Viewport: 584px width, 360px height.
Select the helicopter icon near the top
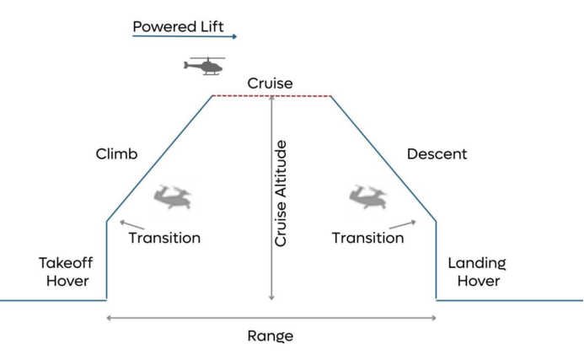tap(205, 66)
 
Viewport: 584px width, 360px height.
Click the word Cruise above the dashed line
tap(270, 83)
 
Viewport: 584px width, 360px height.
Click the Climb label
tap(116, 154)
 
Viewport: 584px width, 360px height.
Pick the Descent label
tap(437, 154)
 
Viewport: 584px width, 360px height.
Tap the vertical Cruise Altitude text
tap(281, 193)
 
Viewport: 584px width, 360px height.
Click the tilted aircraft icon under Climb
tap(172, 198)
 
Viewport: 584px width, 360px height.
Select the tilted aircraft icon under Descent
tap(367, 198)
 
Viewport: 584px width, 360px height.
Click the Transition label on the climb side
tap(164, 238)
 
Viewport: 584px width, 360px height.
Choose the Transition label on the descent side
tap(367, 238)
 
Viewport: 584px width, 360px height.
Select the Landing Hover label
tap(478, 271)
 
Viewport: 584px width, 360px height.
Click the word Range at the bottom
tap(270, 336)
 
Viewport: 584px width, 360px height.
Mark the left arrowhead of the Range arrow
tap(110, 318)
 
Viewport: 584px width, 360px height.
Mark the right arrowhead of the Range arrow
tap(433, 318)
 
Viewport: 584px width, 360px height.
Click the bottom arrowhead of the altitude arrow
tap(271, 297)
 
